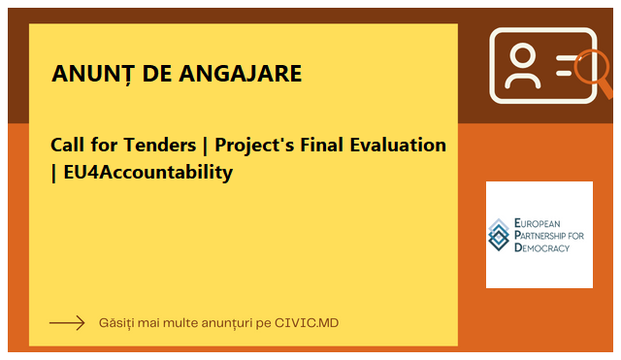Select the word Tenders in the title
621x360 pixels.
click(158, 146)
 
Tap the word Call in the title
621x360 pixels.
click(69, 146)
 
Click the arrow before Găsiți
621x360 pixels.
click(67, 322)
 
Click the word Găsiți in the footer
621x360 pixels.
click(120, 322)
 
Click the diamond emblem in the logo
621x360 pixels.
click(499, 234)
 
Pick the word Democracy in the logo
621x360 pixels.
click(541, 247)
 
